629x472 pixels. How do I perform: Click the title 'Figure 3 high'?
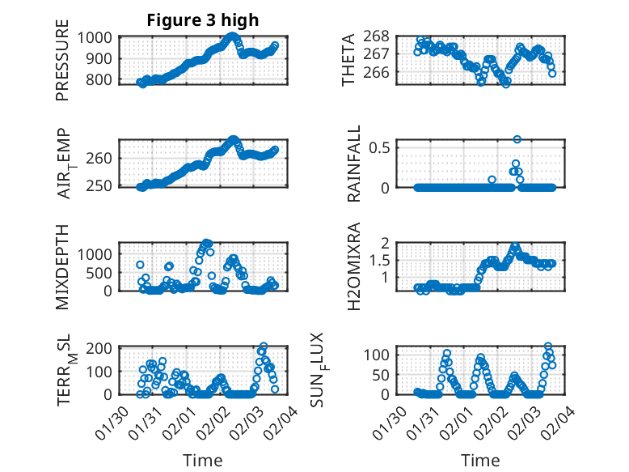coord(202,20)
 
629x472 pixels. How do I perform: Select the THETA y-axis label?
coord(348,60)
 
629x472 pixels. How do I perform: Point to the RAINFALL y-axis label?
coord(353,164)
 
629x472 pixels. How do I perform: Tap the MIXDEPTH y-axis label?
coord(63,266)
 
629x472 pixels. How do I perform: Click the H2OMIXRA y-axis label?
coord(353,267)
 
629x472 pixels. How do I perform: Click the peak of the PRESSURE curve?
coord(233,36)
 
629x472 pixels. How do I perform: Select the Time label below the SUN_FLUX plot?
coord(480,460)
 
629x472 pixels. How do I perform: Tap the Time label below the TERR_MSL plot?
coord(202,460)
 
